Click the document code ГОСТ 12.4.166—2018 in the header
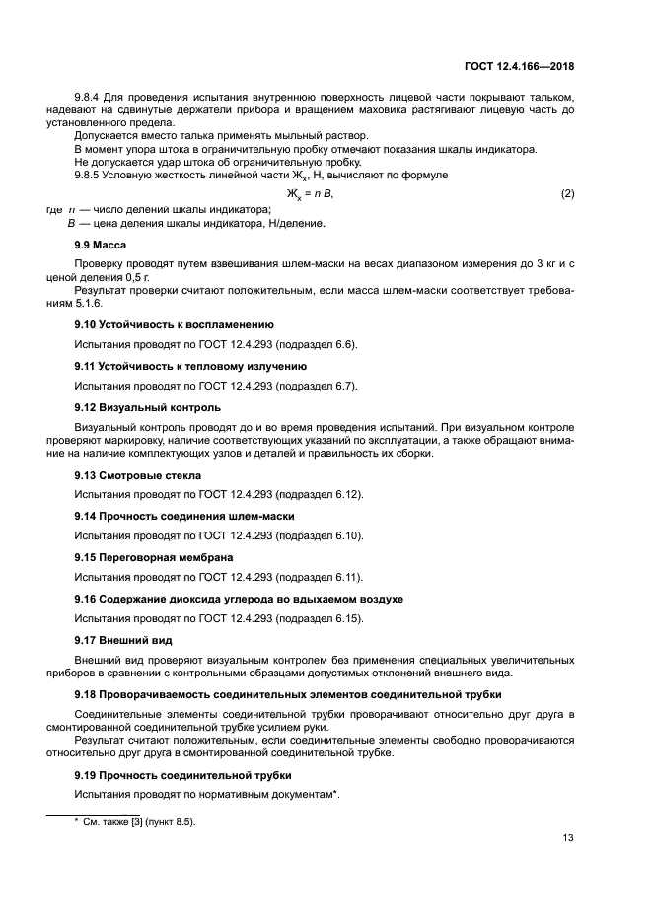point(520,66)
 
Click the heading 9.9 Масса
point(100,244)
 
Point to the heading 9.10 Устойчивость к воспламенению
point(175,324)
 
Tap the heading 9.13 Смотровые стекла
point(138,474)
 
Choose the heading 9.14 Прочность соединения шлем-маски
point(184,516)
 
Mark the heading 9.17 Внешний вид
point(124,640)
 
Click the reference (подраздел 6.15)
point(320,618)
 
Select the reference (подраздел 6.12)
point(320,494)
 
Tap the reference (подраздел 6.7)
point(317,385)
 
